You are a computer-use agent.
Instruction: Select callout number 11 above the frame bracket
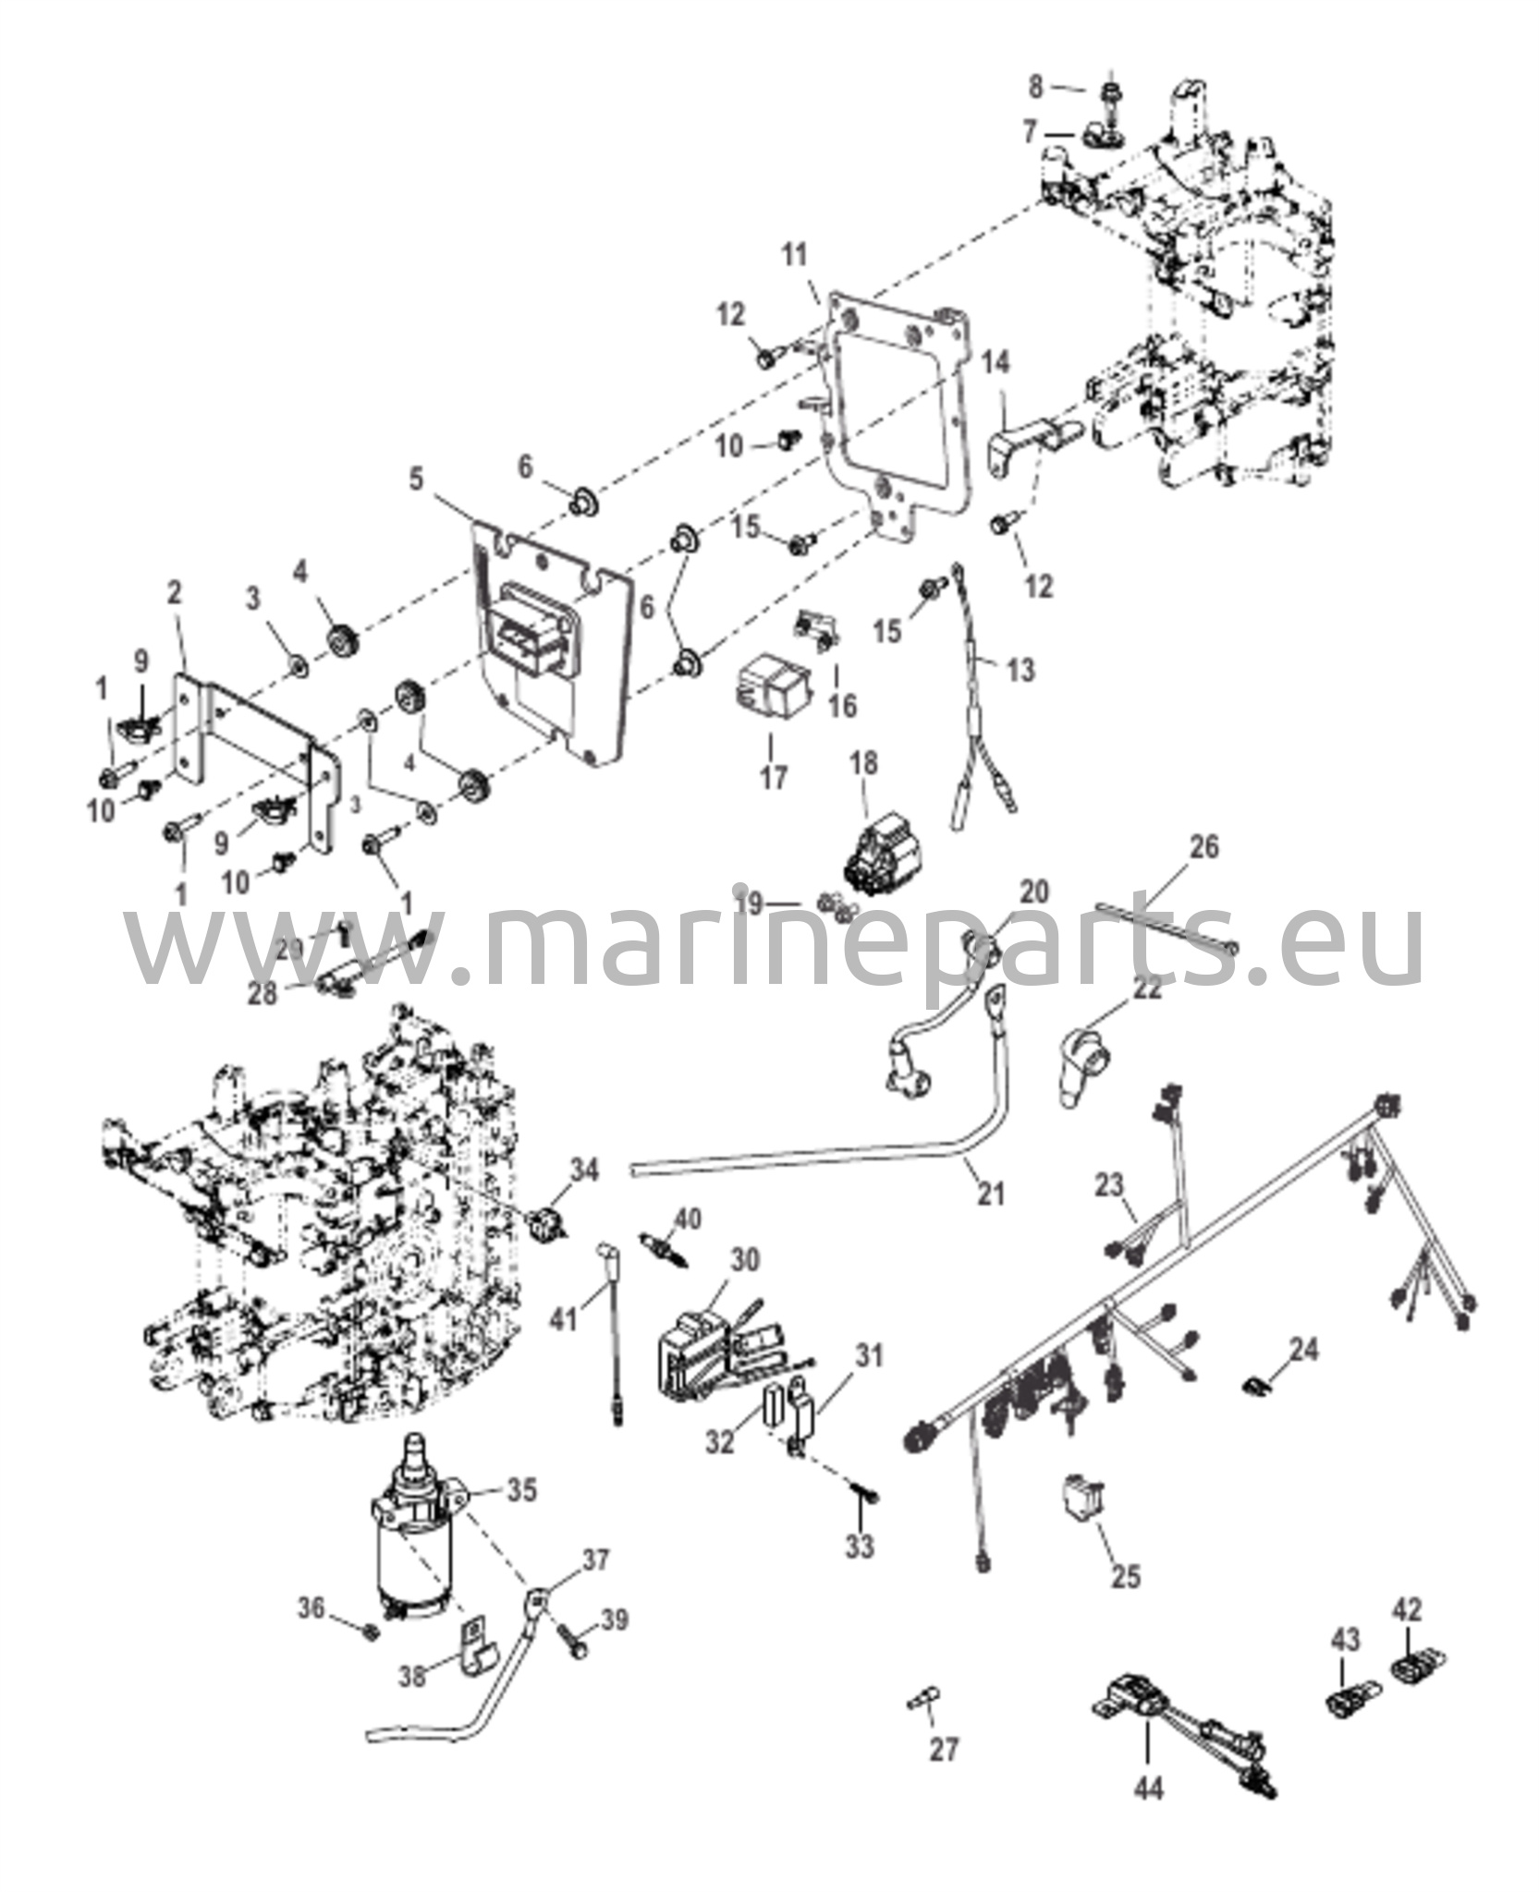tap(794, 255)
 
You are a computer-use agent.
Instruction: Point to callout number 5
tap(417, 479)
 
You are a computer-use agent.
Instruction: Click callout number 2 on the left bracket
tap(175, 595)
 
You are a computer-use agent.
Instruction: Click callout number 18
tap(863, 764)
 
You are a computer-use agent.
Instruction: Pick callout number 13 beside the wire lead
tap(1020, 670)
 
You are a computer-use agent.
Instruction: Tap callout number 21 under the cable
tap(990, 1194)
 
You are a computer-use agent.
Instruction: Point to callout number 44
tap(1149, 1814)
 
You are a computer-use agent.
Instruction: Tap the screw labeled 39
tap(571, 1641)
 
